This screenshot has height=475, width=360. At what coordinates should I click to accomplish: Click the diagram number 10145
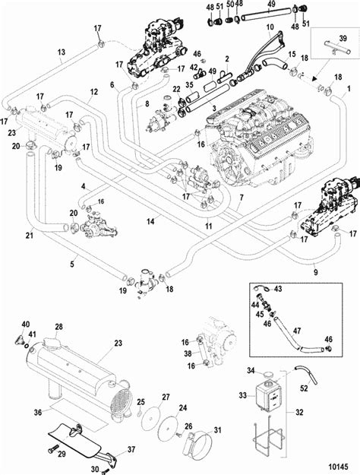(337, 467)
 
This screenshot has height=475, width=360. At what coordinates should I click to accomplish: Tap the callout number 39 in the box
(343, 39)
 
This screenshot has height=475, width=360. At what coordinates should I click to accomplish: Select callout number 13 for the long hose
(62, 52)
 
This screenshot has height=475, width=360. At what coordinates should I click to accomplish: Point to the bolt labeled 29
(52, 450)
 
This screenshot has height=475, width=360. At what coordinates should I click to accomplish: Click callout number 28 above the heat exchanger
(58, 327)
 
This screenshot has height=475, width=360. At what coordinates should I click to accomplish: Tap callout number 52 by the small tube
(304, 388)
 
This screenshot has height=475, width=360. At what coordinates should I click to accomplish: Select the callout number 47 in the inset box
(297, 331)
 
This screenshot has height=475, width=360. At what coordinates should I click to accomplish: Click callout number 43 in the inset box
(278, 289)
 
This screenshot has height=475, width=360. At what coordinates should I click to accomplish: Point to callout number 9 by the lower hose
(316, 272)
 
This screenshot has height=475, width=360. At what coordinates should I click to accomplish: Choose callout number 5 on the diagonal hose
(71, 264)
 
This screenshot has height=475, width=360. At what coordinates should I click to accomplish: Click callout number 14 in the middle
(150, 221)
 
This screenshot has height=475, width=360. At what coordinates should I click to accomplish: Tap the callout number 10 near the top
(270, 27)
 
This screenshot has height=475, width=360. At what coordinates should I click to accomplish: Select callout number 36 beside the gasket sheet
(38, 412)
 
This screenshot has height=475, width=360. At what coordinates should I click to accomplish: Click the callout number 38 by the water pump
(188, 353)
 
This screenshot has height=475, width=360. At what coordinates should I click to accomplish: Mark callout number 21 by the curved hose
(30, 235)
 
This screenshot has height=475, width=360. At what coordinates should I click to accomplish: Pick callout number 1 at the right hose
(349, 89)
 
